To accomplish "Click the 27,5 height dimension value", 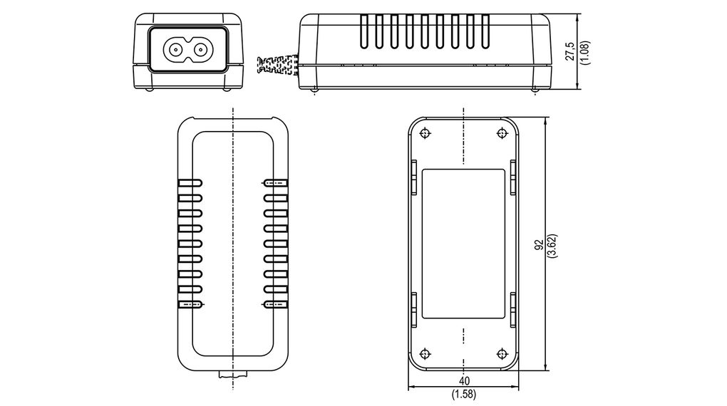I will (570, 51).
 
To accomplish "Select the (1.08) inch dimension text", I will (584, 51).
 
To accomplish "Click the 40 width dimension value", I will (464, 381).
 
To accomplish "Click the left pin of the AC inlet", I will (174, 50).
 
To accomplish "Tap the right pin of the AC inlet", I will (201, 50).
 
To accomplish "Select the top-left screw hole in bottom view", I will (426, 132).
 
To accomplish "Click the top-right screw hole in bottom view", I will (502, 132).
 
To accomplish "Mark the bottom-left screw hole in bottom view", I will (426, 353).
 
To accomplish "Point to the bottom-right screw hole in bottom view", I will (502, 353).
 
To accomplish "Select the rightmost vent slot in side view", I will (484, 32).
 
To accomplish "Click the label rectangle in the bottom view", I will (463, 244).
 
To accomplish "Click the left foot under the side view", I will (314, 89).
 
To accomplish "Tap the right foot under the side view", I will (535, 89).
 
